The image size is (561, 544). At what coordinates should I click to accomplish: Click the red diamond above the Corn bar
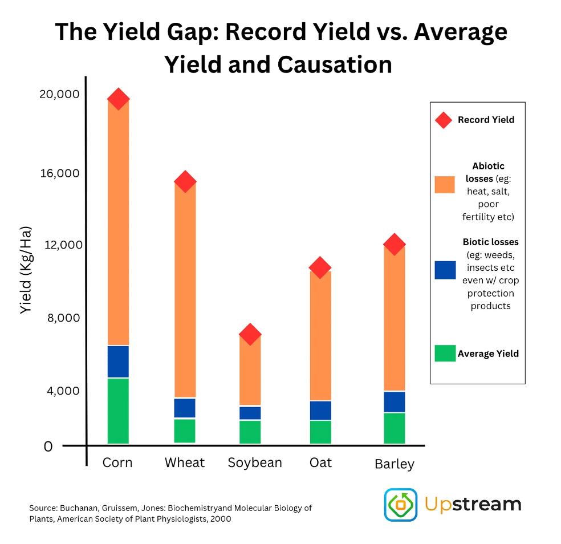[118, 99]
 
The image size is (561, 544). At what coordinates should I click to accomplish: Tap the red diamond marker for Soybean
[250, 334]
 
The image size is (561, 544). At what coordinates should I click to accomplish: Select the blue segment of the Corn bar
[118, 362]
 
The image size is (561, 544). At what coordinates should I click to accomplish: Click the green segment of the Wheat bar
[185, 431]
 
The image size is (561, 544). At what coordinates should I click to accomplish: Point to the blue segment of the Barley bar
[394, 402]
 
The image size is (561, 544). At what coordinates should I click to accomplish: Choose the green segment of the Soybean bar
[250, 432]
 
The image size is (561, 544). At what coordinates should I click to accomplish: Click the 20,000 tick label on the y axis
[59, 94]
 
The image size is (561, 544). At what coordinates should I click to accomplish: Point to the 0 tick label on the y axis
[48, 446]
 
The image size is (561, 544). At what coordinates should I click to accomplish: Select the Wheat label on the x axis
[185, 462]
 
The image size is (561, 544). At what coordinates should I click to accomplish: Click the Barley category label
[395, 464]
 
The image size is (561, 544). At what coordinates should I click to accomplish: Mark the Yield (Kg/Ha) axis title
[26, 270]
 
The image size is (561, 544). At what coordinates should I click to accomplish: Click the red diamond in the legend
[444, 120]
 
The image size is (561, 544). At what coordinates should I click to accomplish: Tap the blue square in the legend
[445, 270]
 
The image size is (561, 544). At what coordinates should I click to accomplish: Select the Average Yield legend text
[488, 354]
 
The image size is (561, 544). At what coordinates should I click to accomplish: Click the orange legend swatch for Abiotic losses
[445, 184]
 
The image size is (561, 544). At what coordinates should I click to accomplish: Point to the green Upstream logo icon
[401, 505]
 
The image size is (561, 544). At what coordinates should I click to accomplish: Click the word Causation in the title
[335, 64]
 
